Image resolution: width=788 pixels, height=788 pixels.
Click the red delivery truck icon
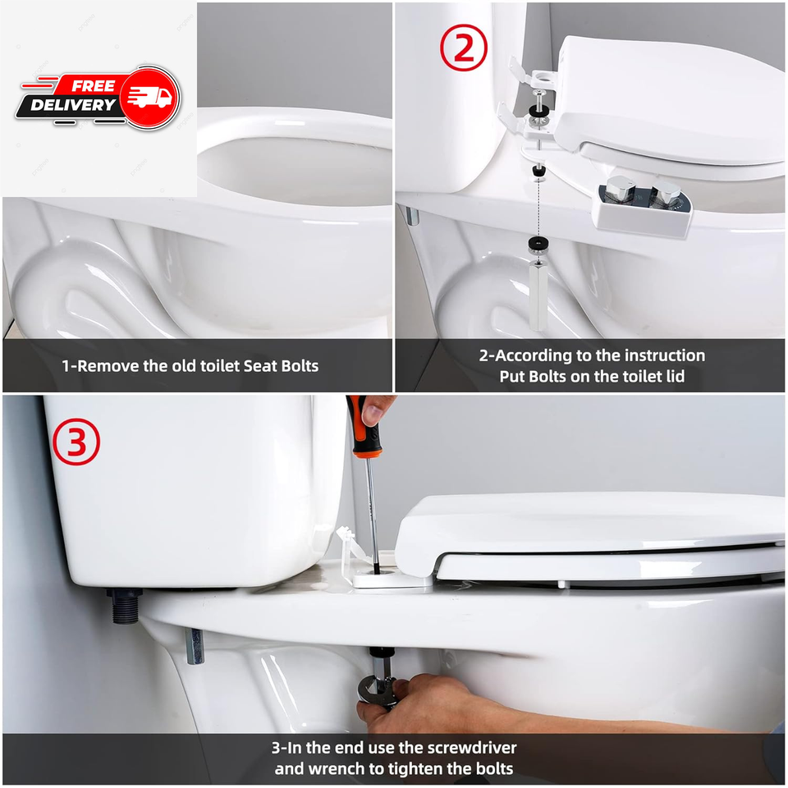click(149, 97)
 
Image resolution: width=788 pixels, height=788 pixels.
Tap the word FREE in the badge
click(93, 85)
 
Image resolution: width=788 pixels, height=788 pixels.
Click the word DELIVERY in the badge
click(73, 105)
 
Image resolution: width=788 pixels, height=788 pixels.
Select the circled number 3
click(76, 442)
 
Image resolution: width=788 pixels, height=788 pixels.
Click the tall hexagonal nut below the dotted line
click(538, 294)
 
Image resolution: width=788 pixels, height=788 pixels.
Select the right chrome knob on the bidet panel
click(667, 194)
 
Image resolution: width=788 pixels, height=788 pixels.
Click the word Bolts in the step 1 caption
click(296, 365)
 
